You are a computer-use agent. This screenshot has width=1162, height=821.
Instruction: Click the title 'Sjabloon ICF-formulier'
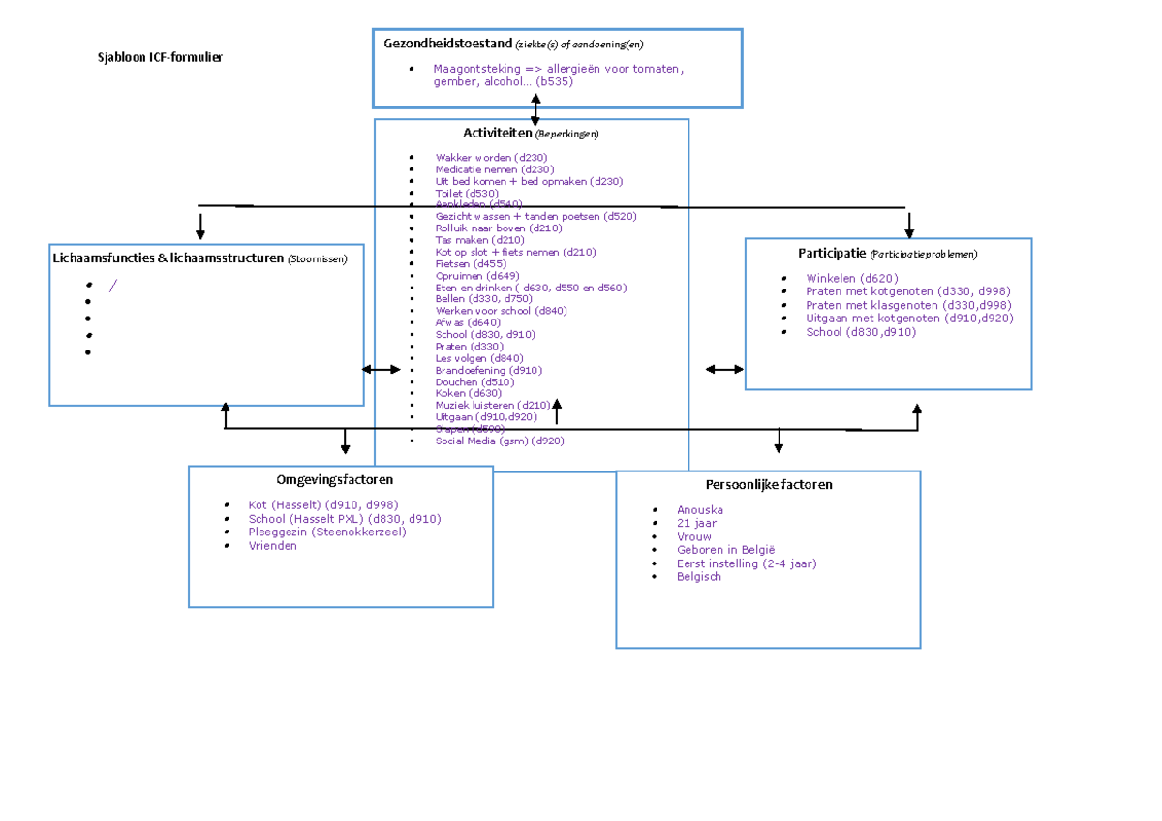(160, 57)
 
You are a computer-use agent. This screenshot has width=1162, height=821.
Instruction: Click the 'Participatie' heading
(832, 254)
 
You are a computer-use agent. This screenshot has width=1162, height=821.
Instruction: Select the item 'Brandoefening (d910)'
(488, 370)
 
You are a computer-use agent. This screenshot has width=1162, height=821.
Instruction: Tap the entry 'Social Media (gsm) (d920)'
(499, 441)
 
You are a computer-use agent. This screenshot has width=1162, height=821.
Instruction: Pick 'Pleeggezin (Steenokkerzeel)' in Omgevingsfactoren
(327, 532)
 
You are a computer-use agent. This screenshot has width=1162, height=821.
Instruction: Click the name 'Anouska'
(700, 509)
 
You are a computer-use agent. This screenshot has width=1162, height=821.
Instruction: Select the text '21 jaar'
(697, 523)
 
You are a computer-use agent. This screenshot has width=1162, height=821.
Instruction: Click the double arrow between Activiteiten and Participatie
(724, 369)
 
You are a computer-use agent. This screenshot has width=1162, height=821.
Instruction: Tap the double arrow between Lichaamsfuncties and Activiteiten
(381, 369)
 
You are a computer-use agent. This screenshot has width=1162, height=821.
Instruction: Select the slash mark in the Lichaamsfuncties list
(112, 285)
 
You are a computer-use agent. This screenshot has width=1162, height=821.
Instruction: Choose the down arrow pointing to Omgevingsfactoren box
(345, 441)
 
